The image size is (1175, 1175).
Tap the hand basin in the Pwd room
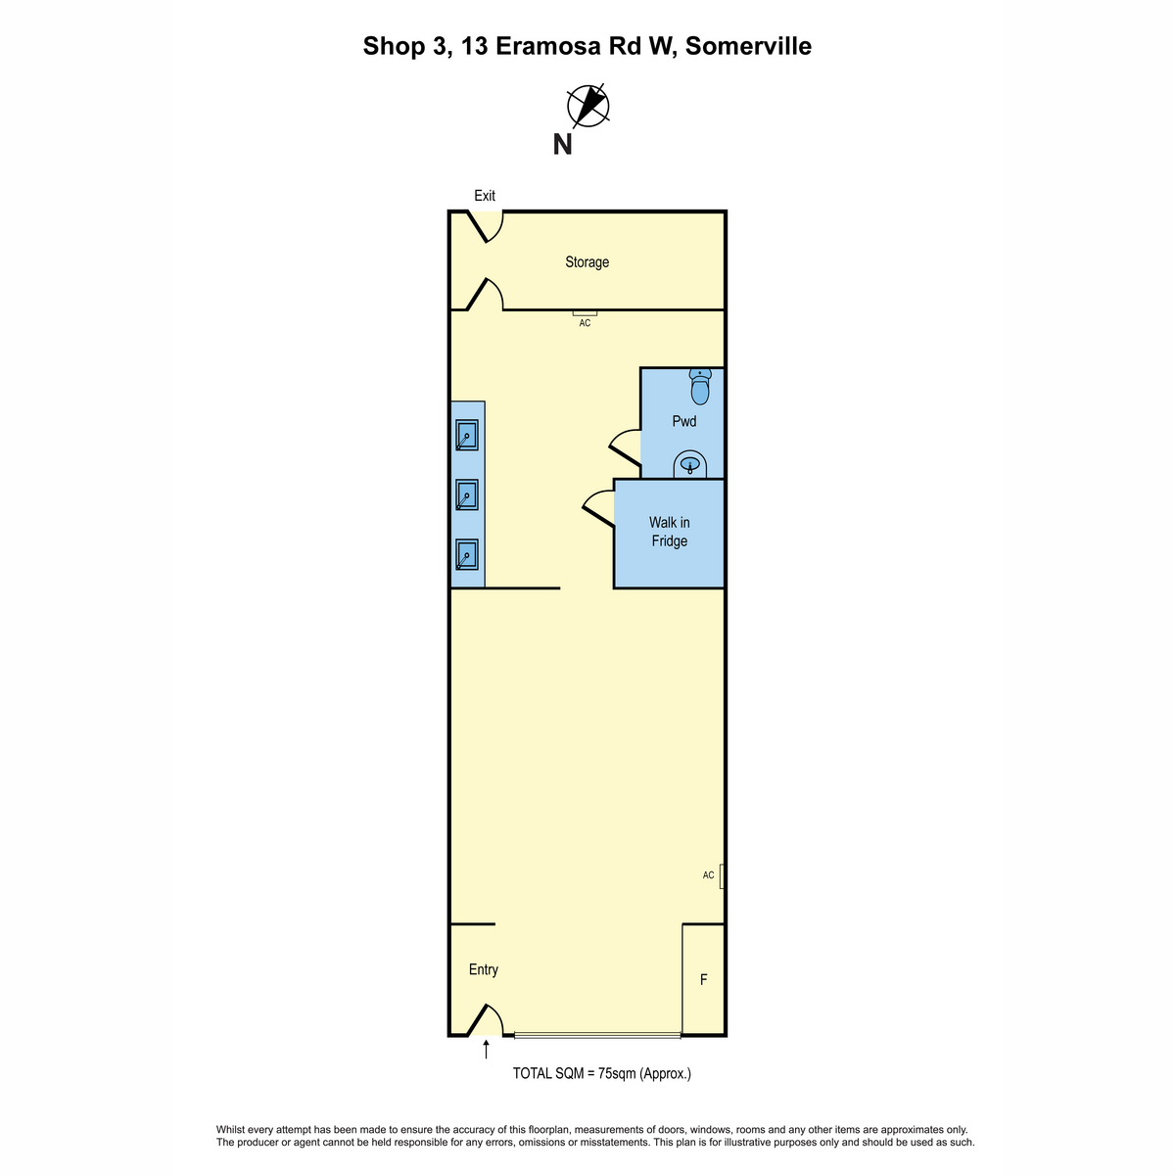pos(689,465)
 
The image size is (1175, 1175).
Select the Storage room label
pos(587,262)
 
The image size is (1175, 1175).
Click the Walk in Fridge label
pos(669,531)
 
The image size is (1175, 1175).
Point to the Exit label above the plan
pos(485,196)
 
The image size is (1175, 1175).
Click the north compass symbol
pos(587,106)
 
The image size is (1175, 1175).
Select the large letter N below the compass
pos(562,145)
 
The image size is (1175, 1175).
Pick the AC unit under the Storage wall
pos(585,313)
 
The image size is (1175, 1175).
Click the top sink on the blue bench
pos(466,436)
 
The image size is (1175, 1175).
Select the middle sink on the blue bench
pos(466,494)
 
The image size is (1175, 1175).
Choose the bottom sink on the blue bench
pos(466,554)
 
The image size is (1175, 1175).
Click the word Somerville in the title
pos(748,46)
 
